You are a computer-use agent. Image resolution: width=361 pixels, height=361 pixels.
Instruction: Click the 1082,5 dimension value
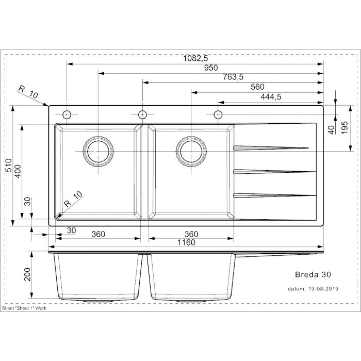click(x=195, y=58)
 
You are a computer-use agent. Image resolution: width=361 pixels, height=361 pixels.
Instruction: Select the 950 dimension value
click(x=211, y=68)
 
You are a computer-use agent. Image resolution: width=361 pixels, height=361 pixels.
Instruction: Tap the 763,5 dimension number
click(x=233, y=77)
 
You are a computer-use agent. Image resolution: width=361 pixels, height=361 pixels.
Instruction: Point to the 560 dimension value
click(x=257, y=87)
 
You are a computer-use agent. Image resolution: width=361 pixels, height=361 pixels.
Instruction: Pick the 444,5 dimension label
click(x=271, y=97)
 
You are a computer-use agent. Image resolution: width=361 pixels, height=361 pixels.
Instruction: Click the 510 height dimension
click(x=8, y=165)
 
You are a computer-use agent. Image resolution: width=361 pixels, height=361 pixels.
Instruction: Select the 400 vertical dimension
click(x=18, y=171)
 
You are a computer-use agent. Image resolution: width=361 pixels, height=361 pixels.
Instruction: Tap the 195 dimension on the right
click(x=344, y=128)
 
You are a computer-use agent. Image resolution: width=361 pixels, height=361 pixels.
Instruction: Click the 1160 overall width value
click(x=186, y=242)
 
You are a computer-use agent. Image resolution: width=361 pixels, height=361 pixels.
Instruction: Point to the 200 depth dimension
click(x=27, y=274)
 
